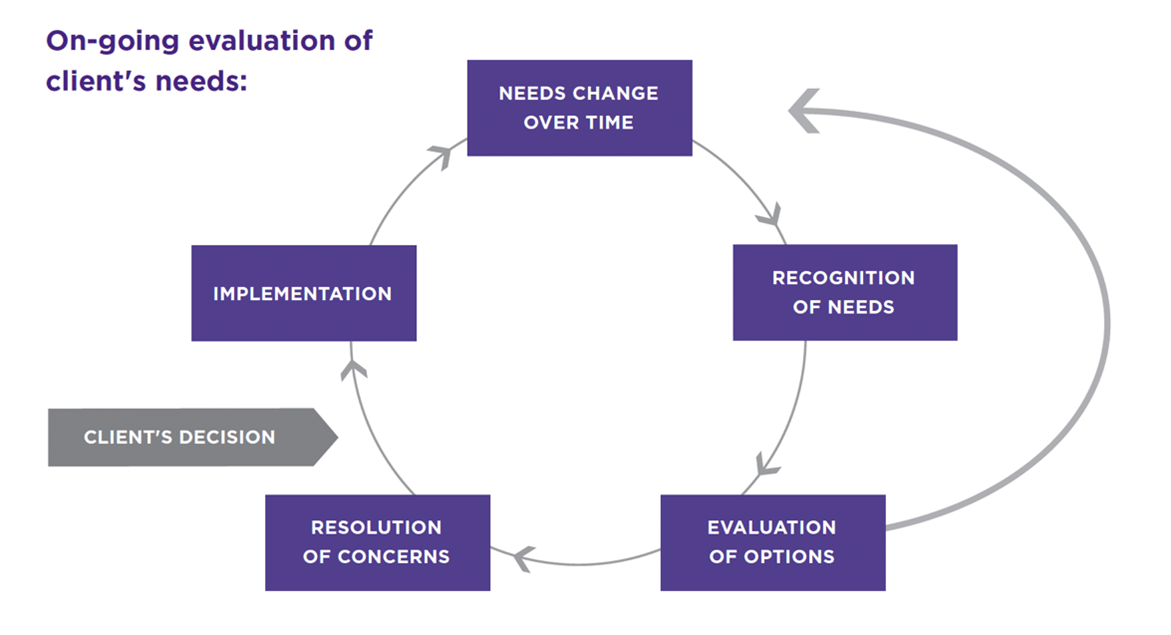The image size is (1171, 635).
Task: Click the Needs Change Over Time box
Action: pyautogui.click(x=579, y=108)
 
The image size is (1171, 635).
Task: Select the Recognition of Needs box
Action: pyautogui.click(x=844, y=292)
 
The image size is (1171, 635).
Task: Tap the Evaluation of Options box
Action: pyautogui.click(x=772, y=542)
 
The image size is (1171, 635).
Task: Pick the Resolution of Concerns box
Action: pyautogui.click(x=377, y=542)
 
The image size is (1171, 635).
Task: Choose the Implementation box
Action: pyautogui.click(x=303, y=293)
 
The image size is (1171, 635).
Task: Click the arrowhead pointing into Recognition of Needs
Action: pyautogui.click(x=770, y=214)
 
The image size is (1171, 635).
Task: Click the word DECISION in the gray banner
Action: pyautogui.click(x=230, y=437)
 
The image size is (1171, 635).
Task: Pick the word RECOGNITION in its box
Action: pyautogui.click(x=843, y=278)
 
